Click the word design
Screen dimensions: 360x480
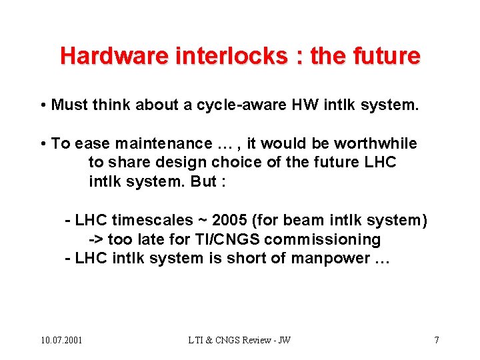click(x=178, y=162)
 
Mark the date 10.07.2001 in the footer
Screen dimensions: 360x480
click(x=61, y=341)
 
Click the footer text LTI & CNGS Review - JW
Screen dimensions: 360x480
click(x=239, y=341)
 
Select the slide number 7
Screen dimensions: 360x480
click(x=437, y=341)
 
